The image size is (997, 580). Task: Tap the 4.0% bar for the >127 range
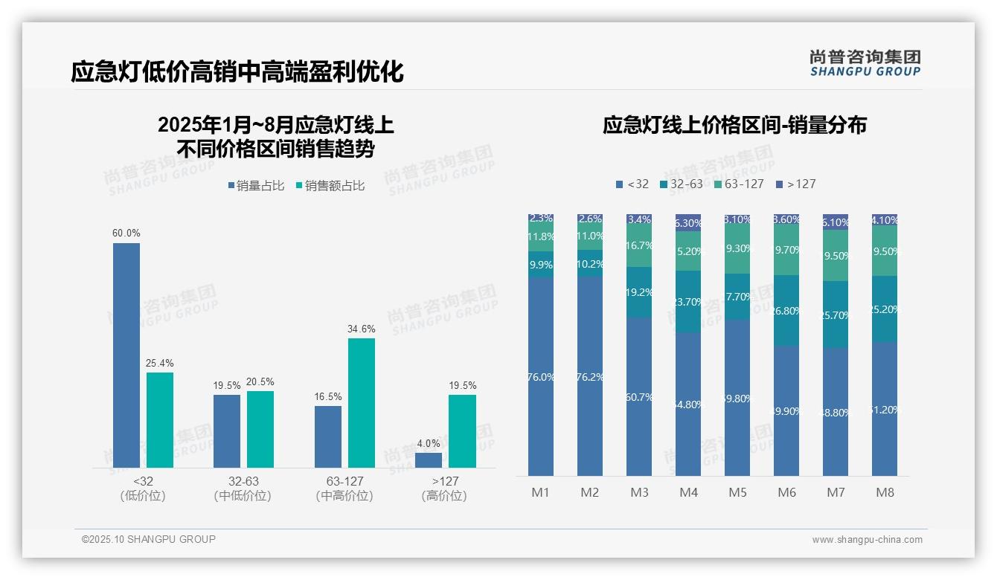pyautogui.click(x=429, y=460)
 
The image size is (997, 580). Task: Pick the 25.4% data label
pyautogui.click(x=160, y=364)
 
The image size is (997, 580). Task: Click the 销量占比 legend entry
pyautogui.click(x=256, y=186)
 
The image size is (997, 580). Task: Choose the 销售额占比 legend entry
pyautogui.click(x=330, y=186)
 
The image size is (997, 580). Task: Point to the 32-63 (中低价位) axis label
pyautogui.click(x=243, y=489)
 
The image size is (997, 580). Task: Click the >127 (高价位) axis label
pyautogui.click(x=444, y=489)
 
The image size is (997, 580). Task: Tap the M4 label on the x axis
pyautogui.click(x=688, y=492)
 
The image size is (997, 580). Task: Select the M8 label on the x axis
pyautogui.click(x=885, y=492)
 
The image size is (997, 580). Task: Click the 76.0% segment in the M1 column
pyautogui.click(x=541, y=376)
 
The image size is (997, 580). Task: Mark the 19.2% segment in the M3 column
pyautogui.click(x=639, y=292)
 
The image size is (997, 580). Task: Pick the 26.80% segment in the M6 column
pyautogui.click(x=786, y=311)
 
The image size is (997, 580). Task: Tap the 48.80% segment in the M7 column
pyautogui.click(x=836, y=412)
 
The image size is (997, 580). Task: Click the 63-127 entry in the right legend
pyautogui.click(x=739, y=184)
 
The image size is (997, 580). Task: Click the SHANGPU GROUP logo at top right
pyautogui.click(x=865, y=63)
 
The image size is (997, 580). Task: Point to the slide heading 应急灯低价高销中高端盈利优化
pyautogui.click(x=237, y=72)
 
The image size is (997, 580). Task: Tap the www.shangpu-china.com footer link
pyautogui.click(x=867, y=540)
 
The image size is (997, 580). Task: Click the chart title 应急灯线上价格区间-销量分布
pyautogui.click(x=734, y=125)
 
